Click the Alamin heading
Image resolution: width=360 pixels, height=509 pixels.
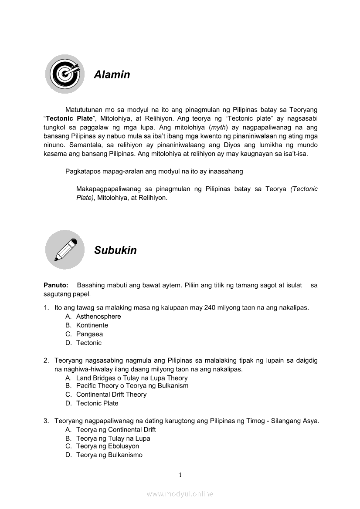pyautogui.click(x=112, y=74)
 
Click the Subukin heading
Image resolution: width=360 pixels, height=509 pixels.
pyautogui.click(x=115, y=250)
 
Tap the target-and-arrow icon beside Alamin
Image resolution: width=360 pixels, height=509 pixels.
pyautogui.click(x=65, y=74)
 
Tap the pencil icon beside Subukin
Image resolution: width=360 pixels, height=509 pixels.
pyautogui.click(x=65, y=249)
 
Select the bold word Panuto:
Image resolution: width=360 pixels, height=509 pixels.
pyautogui.click(x=56, y=285)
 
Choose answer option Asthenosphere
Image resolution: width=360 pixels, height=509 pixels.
pyautogui.click(x=98, y=317)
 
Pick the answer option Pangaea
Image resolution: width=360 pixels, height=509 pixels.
pyautogui.click(x=89, y=334)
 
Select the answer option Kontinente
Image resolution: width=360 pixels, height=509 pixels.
pyautogui.click(x=92, y=325)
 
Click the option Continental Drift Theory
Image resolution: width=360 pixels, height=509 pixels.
pyautogui.click(x=111, y=394)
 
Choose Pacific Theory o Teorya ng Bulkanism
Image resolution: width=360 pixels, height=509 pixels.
pyautogui.click(x=132, y=386)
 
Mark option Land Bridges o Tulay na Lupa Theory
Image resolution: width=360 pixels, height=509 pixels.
pyautogui.click(x=132, y=378)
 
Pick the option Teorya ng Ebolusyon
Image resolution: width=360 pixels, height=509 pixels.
pyautogui.click(x=108, y=446)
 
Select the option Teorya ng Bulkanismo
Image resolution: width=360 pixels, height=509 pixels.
pyautogui.click(x=109, y=455)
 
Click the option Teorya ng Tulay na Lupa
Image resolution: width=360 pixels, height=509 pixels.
pyautogui.click(x=113, y=438)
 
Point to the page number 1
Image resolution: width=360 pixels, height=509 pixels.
pyautogui.click(x=180, y=475)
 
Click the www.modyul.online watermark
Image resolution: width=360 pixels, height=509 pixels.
pyautogui.click(x=180, y=494)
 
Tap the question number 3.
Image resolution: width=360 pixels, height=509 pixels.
pyautogui.click(x=46, y=421)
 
